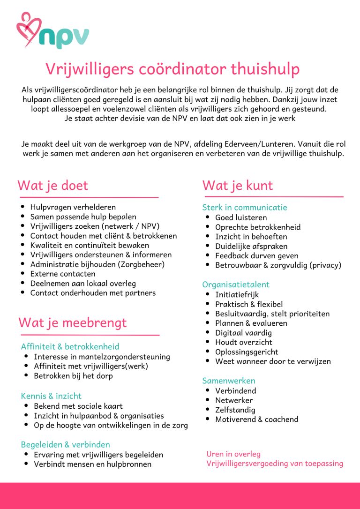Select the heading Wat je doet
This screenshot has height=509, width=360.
(52, 185)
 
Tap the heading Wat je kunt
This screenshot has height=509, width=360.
(237, 185)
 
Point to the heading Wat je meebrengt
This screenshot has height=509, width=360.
(72, 322)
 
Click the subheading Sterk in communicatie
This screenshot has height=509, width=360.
(244, 207)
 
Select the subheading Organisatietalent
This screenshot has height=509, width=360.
(236, 284)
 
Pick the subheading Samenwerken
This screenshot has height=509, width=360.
(229, 381)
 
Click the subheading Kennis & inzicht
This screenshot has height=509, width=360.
(51, 396)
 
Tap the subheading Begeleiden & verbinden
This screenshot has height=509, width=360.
(66, 444)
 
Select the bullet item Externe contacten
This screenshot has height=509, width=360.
(63, 274)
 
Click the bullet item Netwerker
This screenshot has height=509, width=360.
(234, 400)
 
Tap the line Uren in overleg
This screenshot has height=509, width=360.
(233, 454)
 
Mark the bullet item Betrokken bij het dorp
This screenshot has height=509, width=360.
(73, 376)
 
